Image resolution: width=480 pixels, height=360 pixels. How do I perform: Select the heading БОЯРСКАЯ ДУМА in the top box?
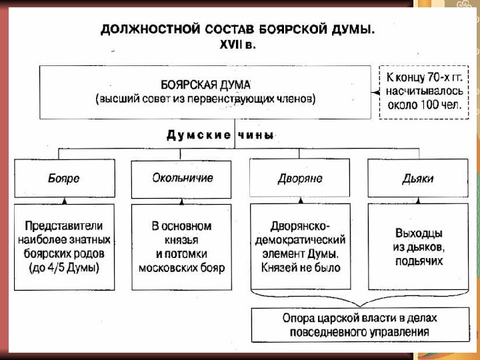205,85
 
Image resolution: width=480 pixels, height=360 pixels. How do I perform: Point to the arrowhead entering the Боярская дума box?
375,92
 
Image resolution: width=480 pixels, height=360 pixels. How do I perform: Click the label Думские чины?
220,135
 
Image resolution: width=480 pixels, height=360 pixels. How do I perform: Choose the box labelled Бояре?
63,178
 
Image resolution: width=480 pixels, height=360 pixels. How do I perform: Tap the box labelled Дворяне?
300,178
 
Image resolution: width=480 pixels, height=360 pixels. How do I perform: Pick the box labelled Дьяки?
418,178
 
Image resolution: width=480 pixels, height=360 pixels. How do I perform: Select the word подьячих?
418,261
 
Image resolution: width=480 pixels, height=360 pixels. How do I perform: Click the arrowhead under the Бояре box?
63,201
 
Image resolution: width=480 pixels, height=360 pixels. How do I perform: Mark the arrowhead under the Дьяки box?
418,201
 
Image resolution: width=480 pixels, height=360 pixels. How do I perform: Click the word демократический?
300,239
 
